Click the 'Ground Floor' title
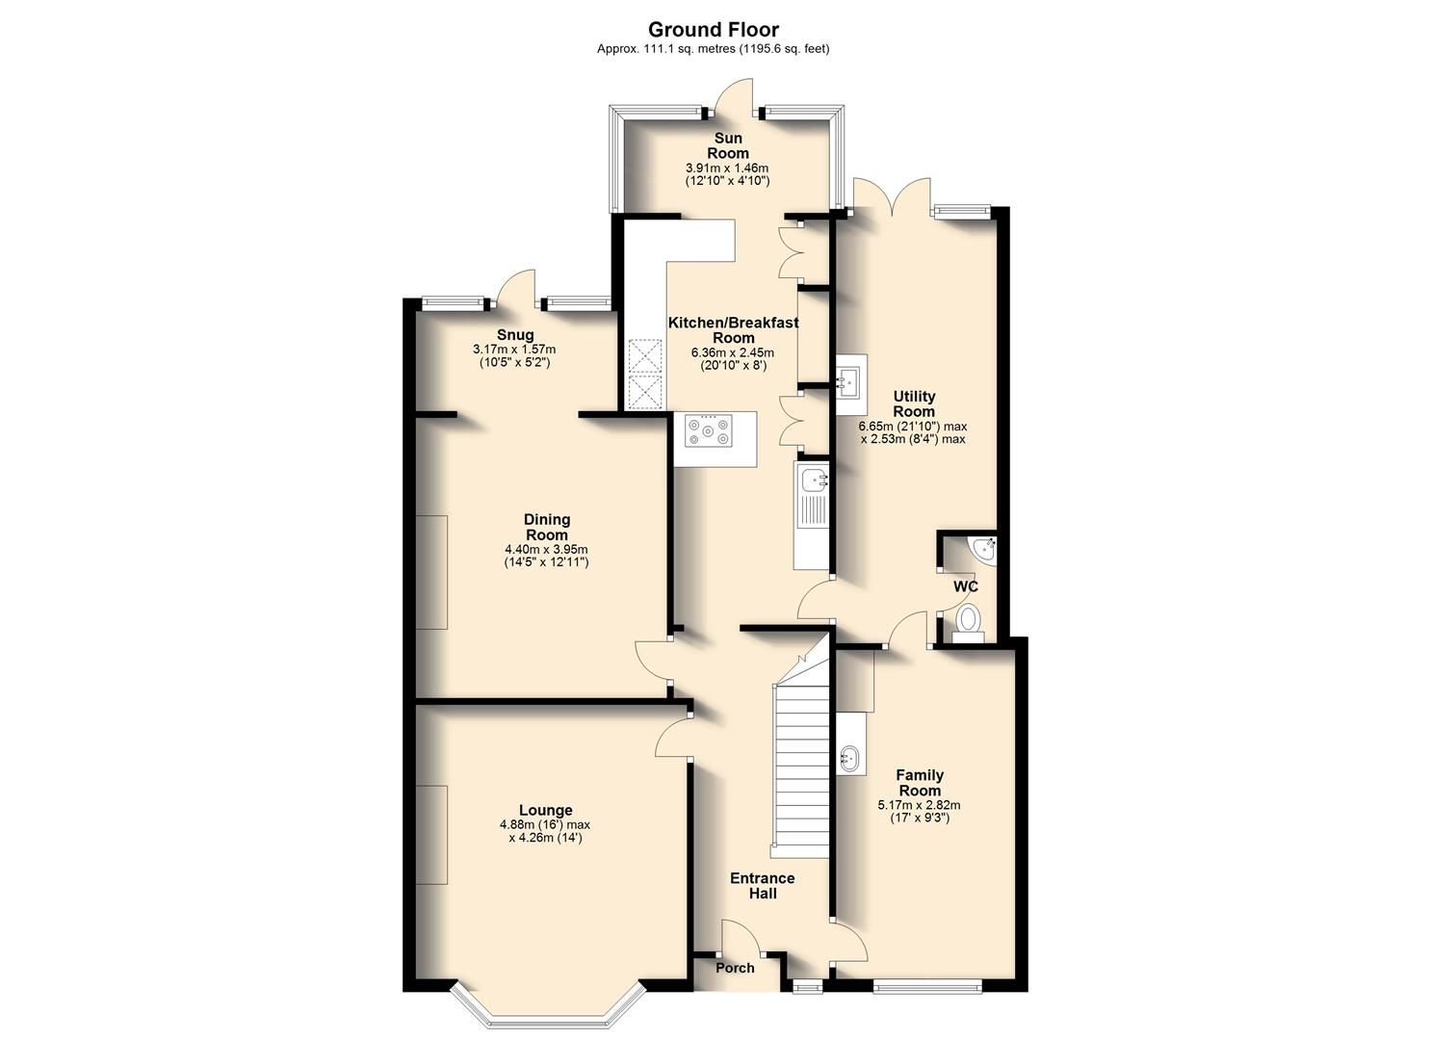click(x=713, y=29)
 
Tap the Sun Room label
click(x=728, y=145)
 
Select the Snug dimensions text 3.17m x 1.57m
click(x=514, y=349)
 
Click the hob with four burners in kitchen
click(x=708, y=429)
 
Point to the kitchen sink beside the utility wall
click(x=814, y=479)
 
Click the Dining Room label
click(x=546, y=527)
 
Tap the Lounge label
click(x=545, y=810)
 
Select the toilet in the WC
click(x=967, y=621)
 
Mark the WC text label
click(x=965, y=586)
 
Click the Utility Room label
click(x=913, y=403)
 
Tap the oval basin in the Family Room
click(x=850, y=758)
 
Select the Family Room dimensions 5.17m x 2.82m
click(x=919, y=805)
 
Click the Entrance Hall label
click(x=762, y=885)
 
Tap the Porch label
click(x=735, y=968)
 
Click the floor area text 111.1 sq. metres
click(x=665, y=48)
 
